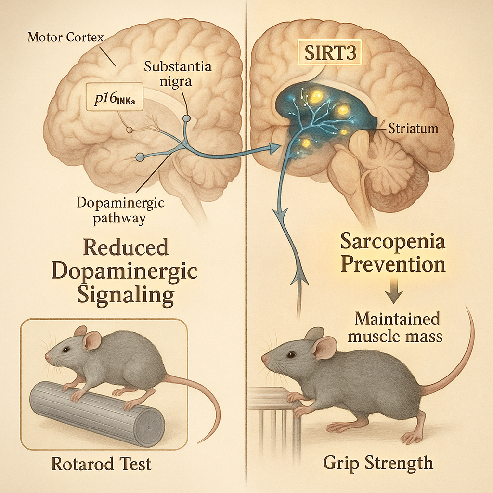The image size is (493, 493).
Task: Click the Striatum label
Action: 415,129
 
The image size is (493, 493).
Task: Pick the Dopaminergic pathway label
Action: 120,210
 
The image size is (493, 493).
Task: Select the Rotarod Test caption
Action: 101,464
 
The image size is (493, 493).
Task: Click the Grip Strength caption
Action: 377,463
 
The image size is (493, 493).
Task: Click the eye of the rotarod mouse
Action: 66,350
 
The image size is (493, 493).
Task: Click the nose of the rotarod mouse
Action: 47,359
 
